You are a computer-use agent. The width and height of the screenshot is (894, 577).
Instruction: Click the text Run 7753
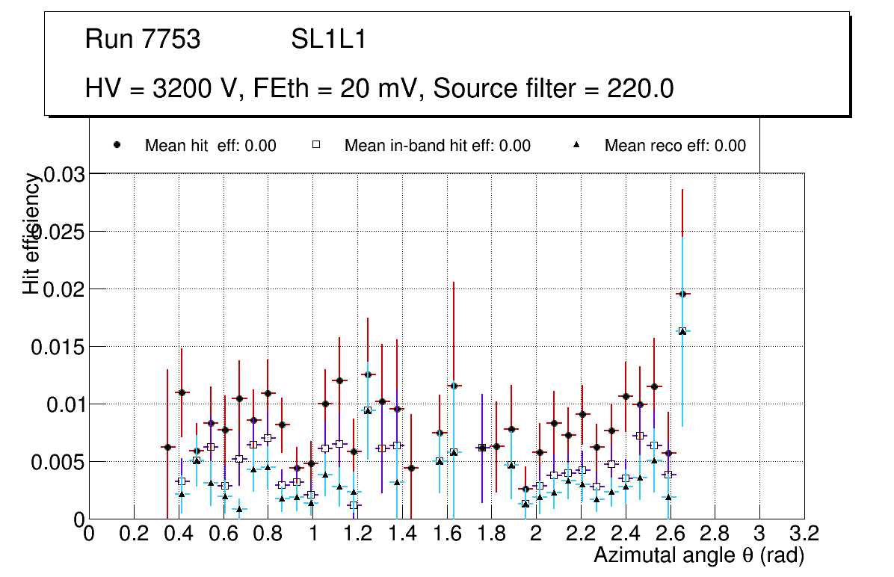coord(143,39)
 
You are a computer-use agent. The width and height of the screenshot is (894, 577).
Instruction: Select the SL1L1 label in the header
coord(329,39)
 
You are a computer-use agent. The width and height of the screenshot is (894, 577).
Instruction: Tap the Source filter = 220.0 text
coord(553,89)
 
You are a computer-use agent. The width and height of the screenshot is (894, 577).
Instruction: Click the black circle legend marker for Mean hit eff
coord(117,145)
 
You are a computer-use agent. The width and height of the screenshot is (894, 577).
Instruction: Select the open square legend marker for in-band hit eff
coord(316,145)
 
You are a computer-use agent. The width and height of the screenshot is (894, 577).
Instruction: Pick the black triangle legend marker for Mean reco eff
coord(576,145)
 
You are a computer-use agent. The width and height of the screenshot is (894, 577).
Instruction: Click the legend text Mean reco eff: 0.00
coord(675,146)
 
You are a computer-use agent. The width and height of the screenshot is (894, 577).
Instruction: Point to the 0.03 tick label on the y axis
coord(64,174)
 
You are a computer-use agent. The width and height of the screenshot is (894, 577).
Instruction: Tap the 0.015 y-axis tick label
coord(57,347)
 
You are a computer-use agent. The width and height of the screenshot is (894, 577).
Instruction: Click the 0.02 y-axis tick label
coord(64,289)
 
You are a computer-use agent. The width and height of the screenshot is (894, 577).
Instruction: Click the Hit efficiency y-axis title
coord(31,233)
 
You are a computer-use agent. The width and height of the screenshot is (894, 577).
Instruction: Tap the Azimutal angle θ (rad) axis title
coord(698,555)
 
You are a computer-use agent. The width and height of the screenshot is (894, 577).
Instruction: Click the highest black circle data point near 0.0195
coord(682,294)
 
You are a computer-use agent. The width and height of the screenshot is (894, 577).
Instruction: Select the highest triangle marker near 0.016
coord(682,330)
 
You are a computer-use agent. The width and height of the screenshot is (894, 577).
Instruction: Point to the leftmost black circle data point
coord(167,447)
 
